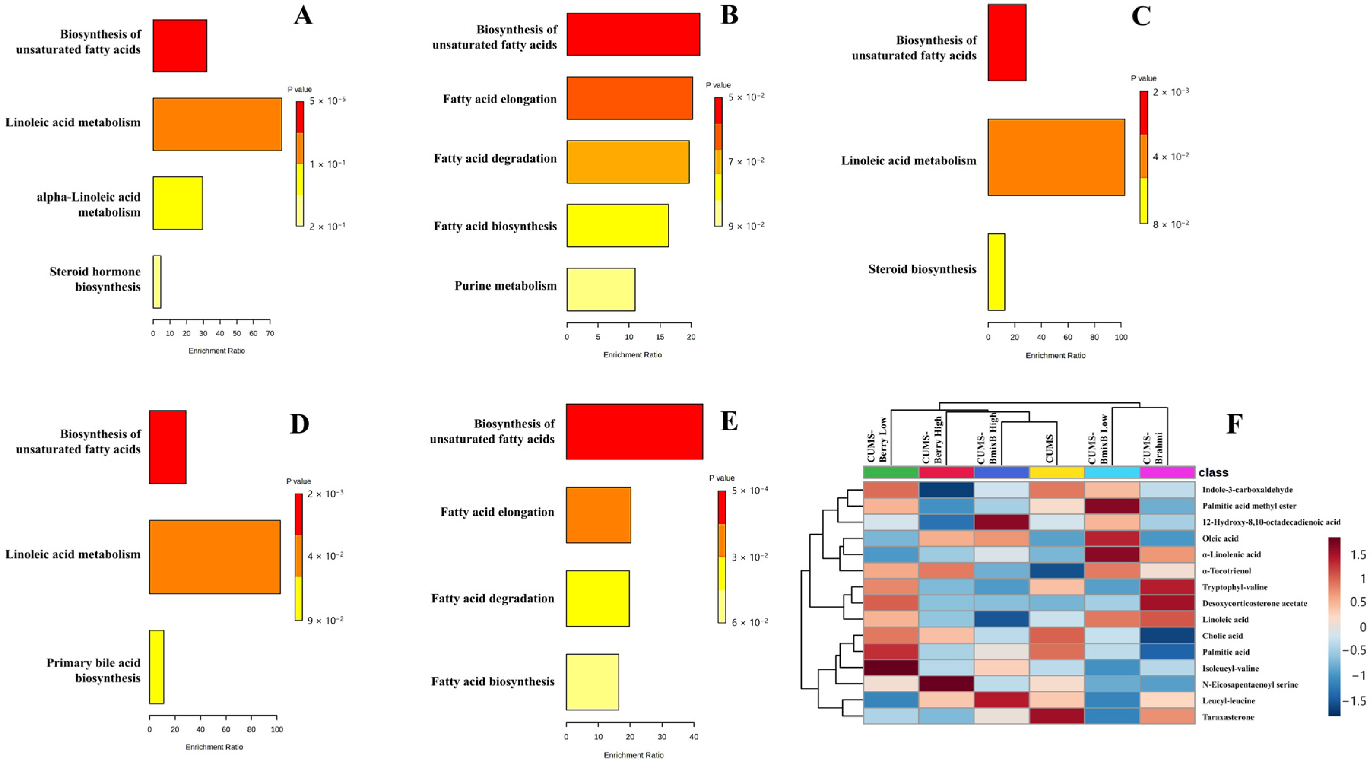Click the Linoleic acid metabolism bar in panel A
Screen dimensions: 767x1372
pyautogui.click(x=217, y=124)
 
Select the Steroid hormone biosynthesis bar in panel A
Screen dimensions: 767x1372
pyautogui.click(x=157, y=281)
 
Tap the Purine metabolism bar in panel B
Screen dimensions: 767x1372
pyautogui.click(x=601, y=289)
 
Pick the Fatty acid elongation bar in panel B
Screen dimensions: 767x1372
pyautogui.click(x=630, y=98)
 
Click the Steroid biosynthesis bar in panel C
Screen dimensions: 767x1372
pyautogui.click(x=996, y=272)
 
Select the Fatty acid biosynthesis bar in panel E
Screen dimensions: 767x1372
pyautogui.click(x=592, y=682)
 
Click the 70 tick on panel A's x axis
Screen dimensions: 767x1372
pyautogui.click(x=270, y=333)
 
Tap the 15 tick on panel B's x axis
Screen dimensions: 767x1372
pyautogui.click(x=660, y=337)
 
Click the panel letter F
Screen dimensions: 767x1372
pyautogui.click(x=1234, y=424)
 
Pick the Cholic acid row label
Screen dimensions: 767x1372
pyautogui.click(x=1222, y=635)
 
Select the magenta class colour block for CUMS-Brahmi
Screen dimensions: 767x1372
pyautogui.click(x=1167, y=472)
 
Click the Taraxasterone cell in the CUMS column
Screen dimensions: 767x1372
pyautogui.click(x=1057, y=716)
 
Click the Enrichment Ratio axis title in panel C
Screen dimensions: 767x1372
pyautogui.click(x=1055, y=355)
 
